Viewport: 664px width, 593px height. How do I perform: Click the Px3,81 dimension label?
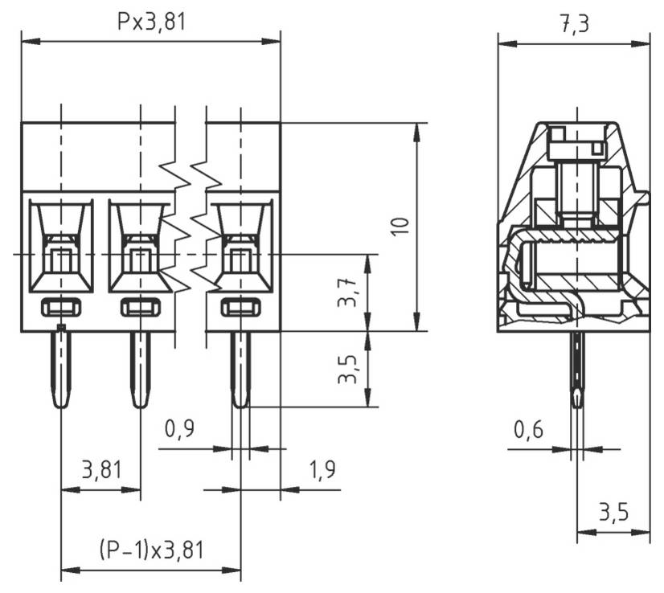click(151, 22)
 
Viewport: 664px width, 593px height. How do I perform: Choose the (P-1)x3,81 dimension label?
click(151, 550)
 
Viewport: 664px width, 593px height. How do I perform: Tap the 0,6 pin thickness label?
click(529, 430)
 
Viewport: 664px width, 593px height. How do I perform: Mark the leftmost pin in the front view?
click(61, 370)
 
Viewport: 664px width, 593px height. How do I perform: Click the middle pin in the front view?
click(141, 370)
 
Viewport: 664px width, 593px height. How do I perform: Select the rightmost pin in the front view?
click(240, 370)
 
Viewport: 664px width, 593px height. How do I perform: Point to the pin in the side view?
click(576, 370)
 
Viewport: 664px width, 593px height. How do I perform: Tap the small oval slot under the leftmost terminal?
click(61, 306)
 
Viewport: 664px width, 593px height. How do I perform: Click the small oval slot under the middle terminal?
click(141, 306)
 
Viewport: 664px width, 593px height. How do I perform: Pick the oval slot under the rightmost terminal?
click(240, 306)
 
